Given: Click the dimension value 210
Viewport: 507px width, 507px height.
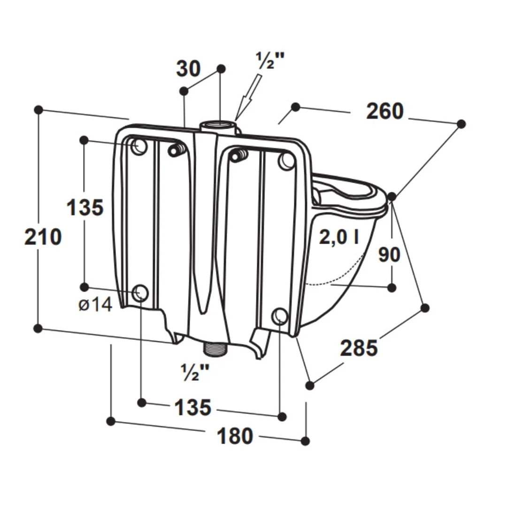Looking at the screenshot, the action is coord(43,237).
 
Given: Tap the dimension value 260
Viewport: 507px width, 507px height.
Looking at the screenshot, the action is coord(385,111).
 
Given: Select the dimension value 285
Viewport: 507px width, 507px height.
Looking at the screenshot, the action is coord(359,348).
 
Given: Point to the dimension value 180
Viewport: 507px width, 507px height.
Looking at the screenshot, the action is coord(235,436).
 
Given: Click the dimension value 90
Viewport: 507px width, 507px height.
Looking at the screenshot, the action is coord(389,254).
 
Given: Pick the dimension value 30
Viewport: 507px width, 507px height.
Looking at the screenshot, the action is coord(188,69).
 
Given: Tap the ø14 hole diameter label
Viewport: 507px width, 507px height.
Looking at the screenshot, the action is coord(95,305).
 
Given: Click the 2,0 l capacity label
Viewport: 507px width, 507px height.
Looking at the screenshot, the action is coord(338,238).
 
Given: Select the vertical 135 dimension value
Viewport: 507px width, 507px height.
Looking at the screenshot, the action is coord(84,207).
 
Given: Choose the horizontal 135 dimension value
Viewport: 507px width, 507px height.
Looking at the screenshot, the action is coord(193,407).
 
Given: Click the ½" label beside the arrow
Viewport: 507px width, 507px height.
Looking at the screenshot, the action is coord(269,61).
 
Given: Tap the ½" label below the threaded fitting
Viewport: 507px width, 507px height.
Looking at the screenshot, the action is coord(195,372).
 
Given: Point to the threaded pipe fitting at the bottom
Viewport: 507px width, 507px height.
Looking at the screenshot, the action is coord(215,348).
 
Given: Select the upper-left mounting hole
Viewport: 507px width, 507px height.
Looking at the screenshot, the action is coord(139,146).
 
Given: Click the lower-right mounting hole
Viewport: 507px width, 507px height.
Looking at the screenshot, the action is coord(280,316).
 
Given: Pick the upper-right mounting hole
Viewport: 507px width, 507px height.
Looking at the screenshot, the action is coord(286,161).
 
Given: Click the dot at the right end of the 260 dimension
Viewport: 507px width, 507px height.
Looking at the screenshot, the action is coord(461,124).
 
